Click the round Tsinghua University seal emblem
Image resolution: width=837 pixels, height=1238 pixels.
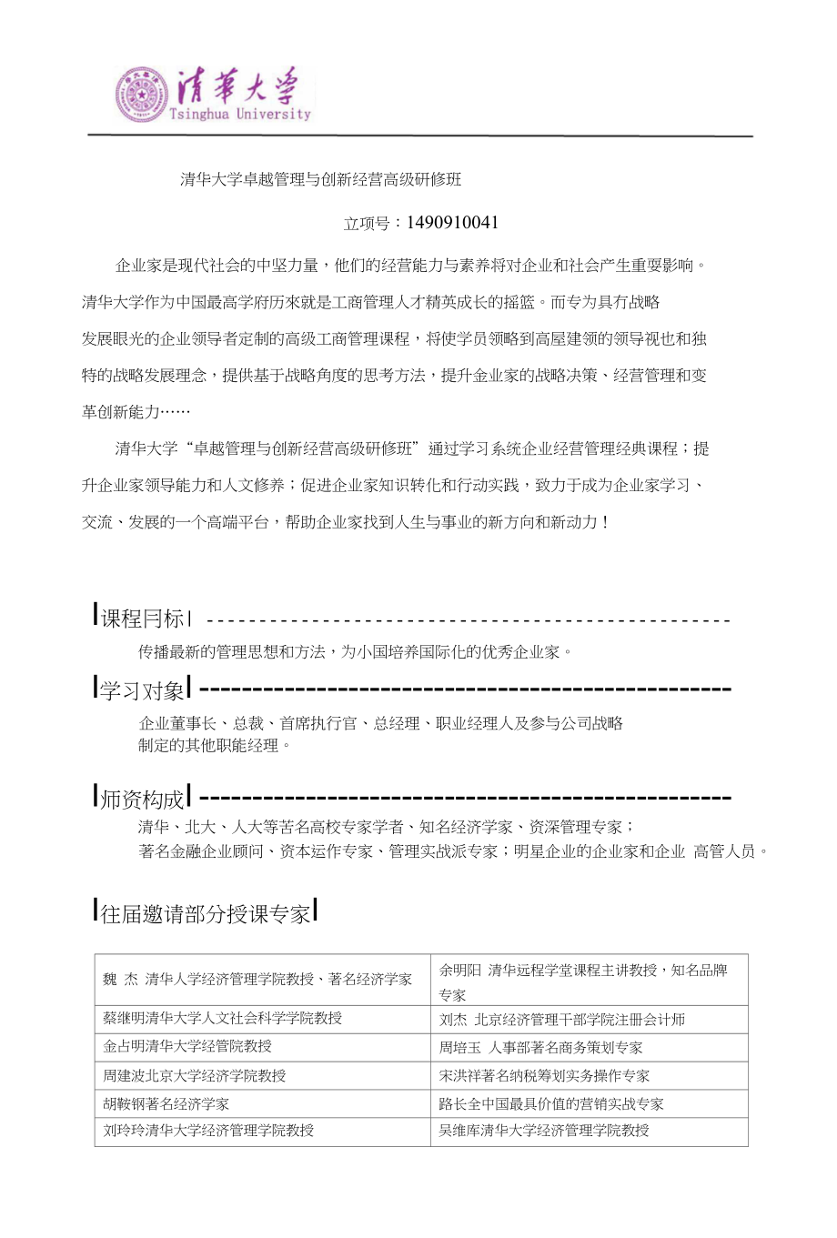point(141,95)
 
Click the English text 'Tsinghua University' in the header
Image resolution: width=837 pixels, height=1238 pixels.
point(240,115)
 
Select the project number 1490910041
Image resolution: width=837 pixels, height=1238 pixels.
point(453,223)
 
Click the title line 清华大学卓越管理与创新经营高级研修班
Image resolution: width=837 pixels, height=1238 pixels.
point(321,179)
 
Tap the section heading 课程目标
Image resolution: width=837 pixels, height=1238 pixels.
point(143,619)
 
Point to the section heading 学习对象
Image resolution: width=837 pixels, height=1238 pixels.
point(143,690)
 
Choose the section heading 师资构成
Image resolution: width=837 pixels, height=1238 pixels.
point(143,799)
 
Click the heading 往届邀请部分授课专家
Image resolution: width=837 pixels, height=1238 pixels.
point(207,913)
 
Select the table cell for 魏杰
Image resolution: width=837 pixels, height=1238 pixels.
point(257,979)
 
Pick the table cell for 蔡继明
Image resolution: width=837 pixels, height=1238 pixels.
point(223,1018)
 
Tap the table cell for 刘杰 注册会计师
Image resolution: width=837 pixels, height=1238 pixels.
point(562,1020)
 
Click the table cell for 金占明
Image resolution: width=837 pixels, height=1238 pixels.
point(187,1046)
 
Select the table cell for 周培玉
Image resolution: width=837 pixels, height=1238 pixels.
point(540,1048)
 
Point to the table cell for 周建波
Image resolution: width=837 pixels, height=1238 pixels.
point(195,1075)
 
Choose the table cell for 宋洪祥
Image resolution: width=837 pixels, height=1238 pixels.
point(544,1075)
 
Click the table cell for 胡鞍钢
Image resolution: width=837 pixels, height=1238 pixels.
point(166,1103)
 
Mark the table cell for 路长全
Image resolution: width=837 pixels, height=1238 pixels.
point(551,1103)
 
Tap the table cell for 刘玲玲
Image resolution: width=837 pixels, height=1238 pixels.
point(208,1130)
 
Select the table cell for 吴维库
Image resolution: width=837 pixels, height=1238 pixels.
point(544,1130)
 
